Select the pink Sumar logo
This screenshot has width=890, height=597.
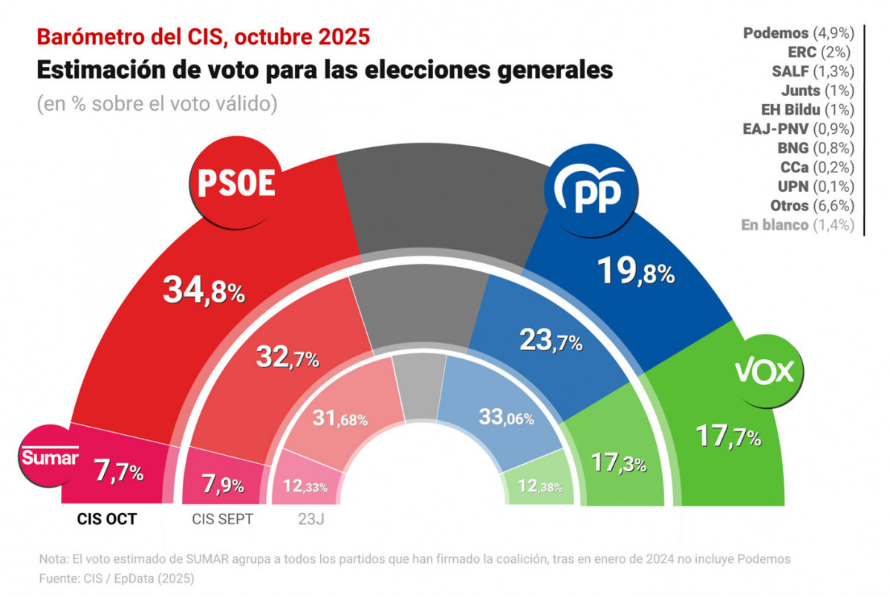click(49, 458)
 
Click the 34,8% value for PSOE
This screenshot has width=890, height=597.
click(203, 290)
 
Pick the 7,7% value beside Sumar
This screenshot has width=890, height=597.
click(119, 471)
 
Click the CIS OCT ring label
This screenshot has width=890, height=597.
click(106, 519)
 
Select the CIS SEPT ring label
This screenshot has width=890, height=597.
click(222, 519)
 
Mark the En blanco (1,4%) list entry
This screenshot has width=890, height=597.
click(797, 225)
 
